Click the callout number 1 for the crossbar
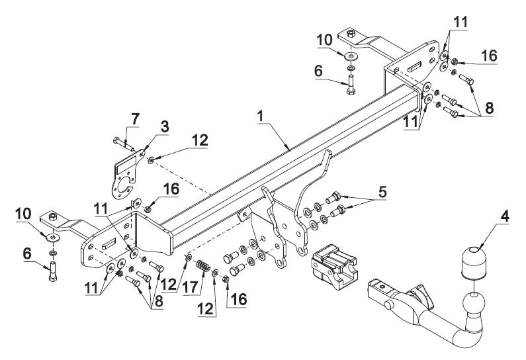[x=260, y=116]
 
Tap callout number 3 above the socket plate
[x=165, y=127]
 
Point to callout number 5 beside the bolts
[x=382, y=192]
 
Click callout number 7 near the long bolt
[x=135, y=118]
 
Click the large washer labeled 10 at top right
[x=351, y=56]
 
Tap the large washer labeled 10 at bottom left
[x=53, y=238]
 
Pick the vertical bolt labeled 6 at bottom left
[x=53, y=271]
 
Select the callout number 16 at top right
[x=489, y=56]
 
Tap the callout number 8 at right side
[x=489, y=108]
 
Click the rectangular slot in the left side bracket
[x=109, y=244]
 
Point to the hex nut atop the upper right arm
[x=351, y=34]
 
